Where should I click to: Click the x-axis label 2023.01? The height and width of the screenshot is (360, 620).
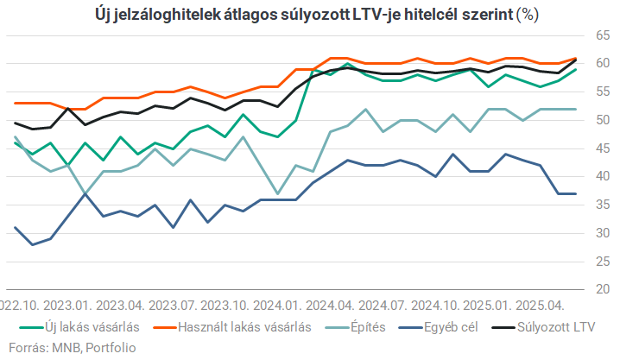(x=68, y=306)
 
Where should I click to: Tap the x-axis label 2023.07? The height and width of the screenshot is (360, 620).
(x=174, y=306)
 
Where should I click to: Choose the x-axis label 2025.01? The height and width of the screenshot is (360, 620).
(x=490, y=306)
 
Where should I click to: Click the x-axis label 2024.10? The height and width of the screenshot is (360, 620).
(x=438, y=306)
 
